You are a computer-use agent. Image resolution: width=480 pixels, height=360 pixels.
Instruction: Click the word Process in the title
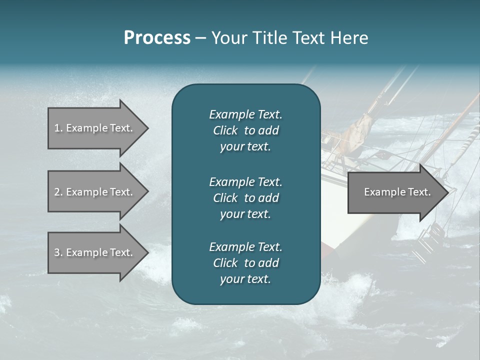tap(157, 37)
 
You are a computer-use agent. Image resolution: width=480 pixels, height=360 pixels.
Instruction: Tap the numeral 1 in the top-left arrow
tap(57, 128)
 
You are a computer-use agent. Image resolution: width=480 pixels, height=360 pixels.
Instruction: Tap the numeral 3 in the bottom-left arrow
tap(57, 252)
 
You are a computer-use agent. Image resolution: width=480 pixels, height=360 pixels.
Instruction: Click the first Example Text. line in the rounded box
tap(245, 114)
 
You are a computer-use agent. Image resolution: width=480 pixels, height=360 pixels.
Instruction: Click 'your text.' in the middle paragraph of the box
tap(245, 214)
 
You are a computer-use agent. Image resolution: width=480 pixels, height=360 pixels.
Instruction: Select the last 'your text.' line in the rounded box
tap(245, 279)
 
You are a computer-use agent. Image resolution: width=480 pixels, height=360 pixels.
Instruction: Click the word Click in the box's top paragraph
tap(225, 131)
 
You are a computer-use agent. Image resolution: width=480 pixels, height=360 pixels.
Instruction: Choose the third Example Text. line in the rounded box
tap(245, 247)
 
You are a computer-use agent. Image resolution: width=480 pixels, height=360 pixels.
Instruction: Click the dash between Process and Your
tap(200, 38)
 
